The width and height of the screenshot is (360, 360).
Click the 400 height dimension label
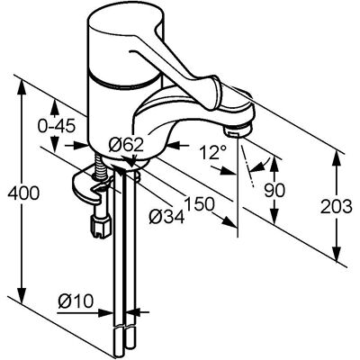coord(23,193)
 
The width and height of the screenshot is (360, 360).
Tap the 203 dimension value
coord(337,207)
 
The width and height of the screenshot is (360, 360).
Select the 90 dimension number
coord(274,190)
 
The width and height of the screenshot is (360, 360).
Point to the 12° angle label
coord(214,152)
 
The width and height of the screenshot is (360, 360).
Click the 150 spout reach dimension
coord(200,204)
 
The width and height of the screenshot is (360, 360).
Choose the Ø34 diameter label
coord(166,216)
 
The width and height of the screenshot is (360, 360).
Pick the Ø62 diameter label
coord(126,146)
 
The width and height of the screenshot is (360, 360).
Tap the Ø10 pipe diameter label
coord(76,301)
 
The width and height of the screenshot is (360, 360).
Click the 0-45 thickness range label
coord(56,127)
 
